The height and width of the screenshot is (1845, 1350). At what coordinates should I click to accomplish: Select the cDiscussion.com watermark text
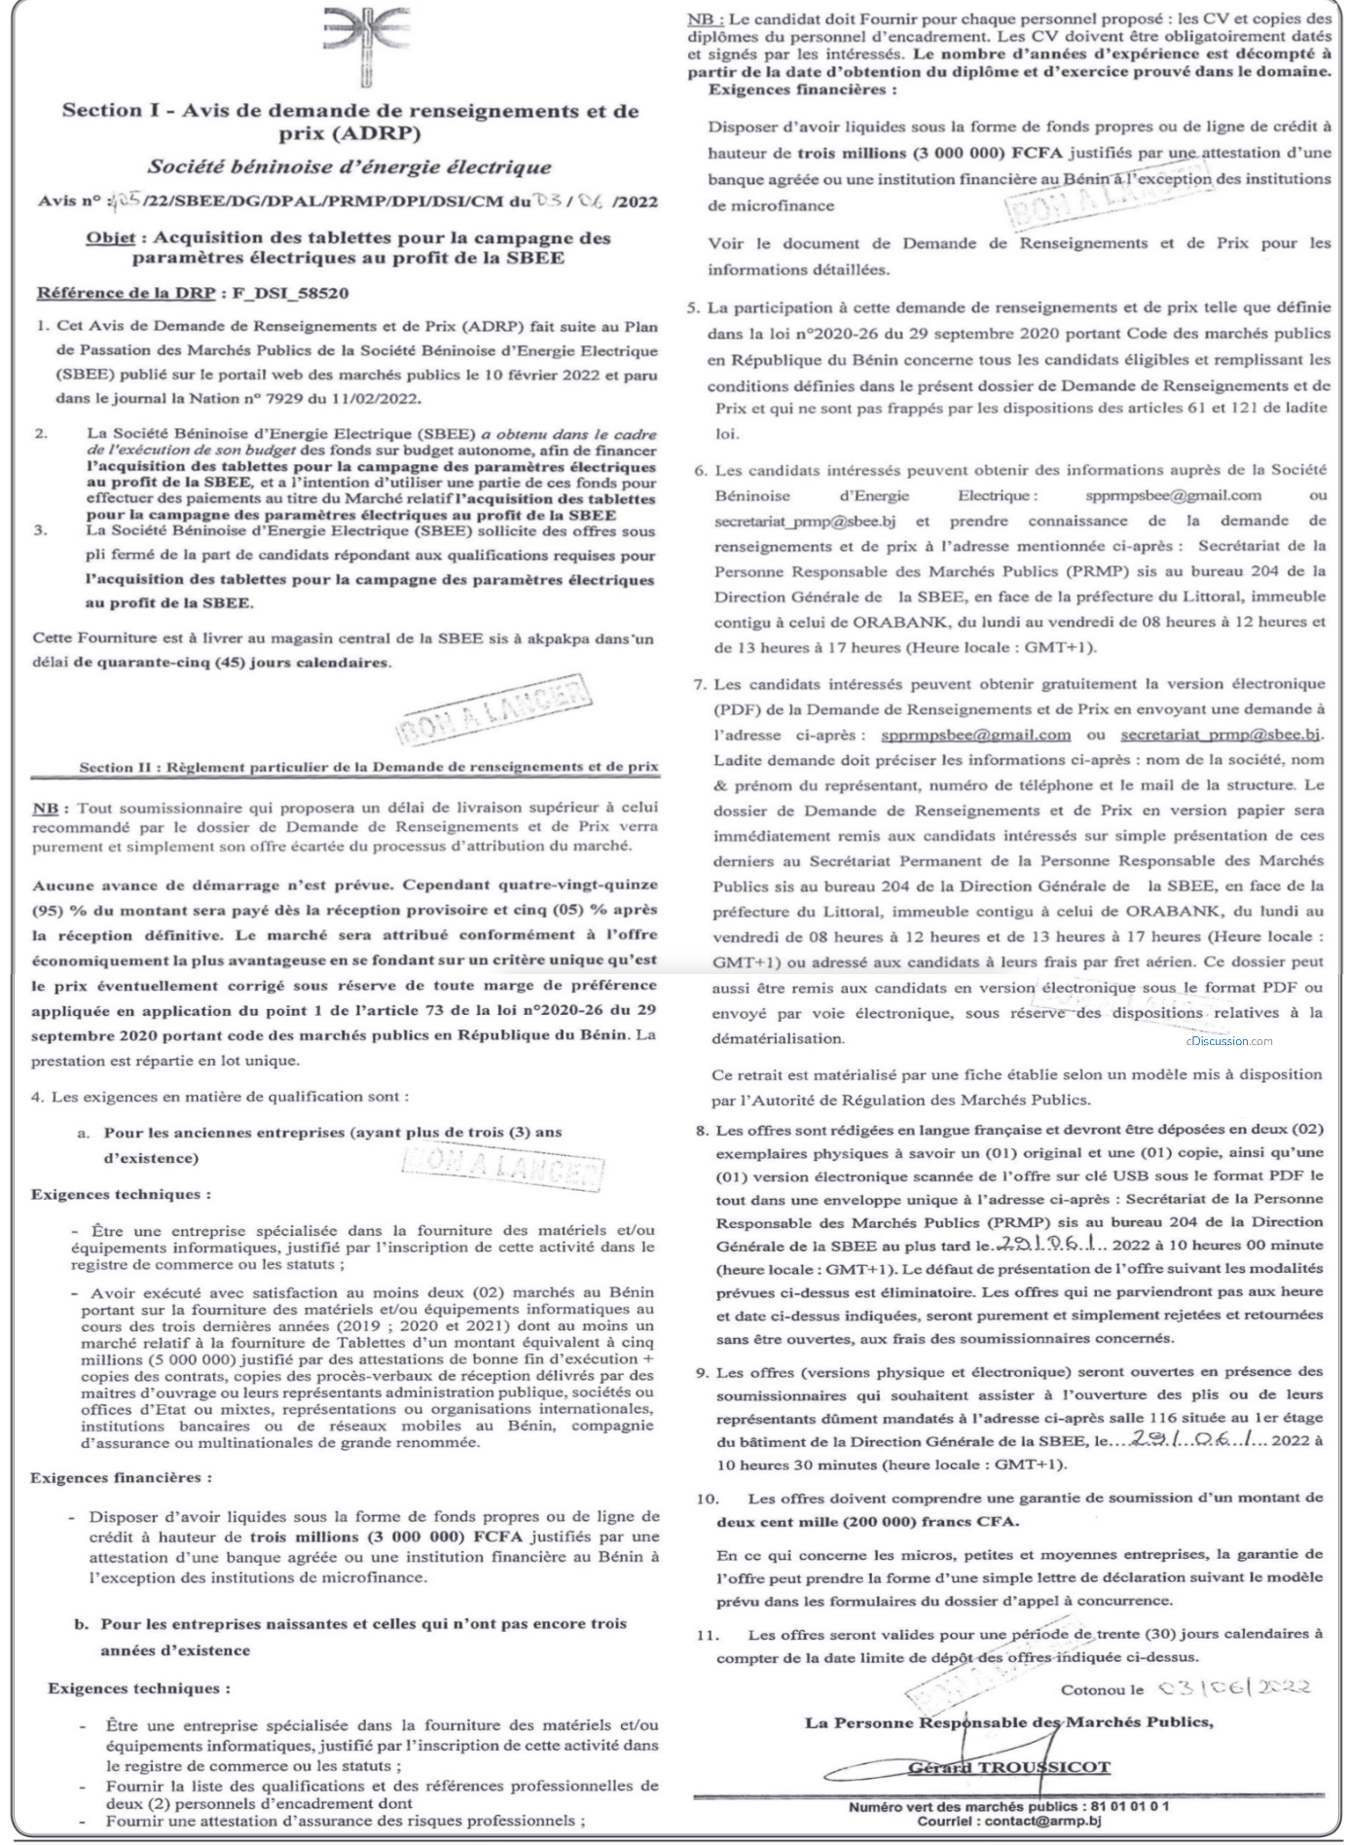1228,1041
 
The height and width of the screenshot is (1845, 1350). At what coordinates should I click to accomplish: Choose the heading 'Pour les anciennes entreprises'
333,1133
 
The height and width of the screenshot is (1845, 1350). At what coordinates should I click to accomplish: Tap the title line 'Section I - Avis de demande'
350,111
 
